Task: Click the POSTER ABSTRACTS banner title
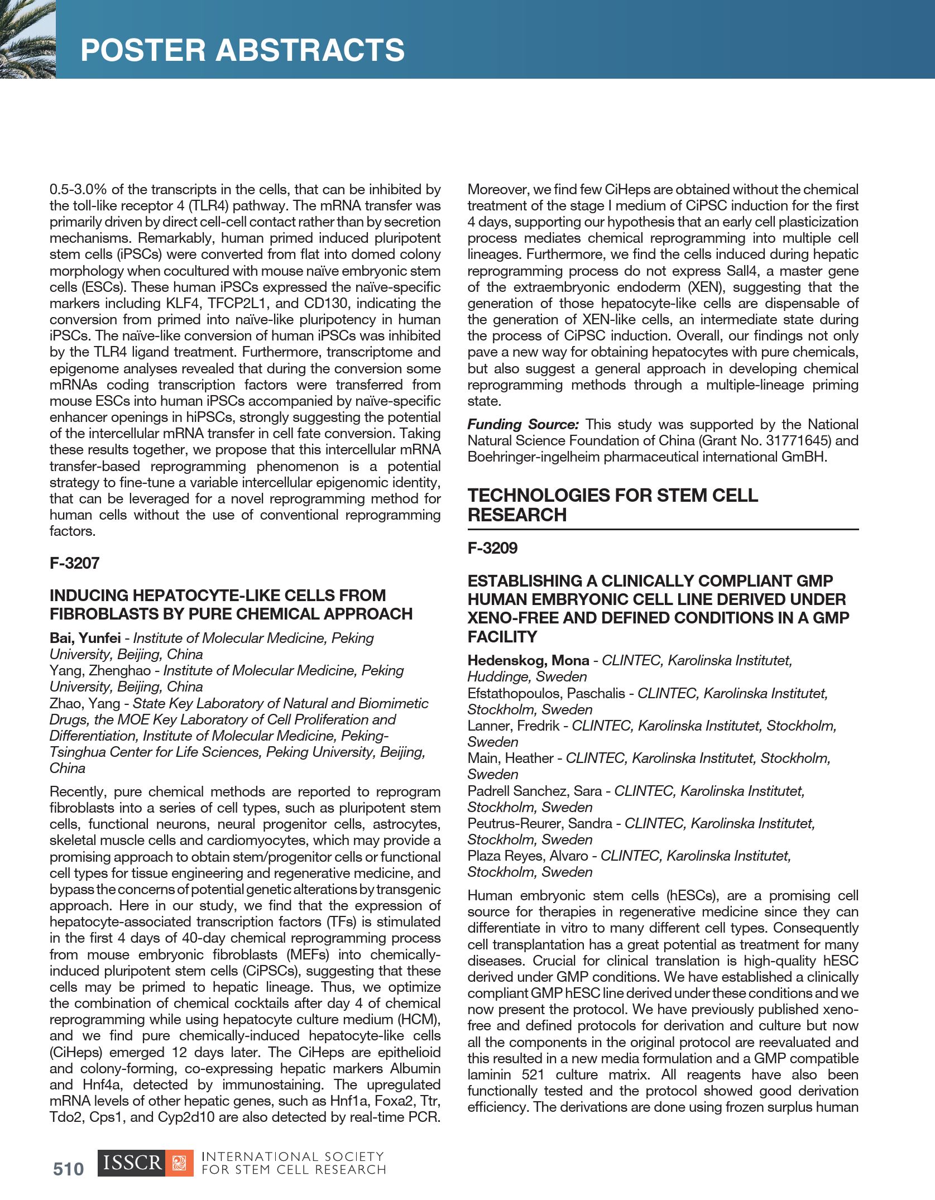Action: click(242, 50)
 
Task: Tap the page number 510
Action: click(68, 1169)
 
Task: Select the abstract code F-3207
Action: click(74, 563)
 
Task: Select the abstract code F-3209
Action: click(492, 548)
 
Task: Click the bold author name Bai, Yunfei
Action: click(85, 638)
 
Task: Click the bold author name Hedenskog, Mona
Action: click(528, 660)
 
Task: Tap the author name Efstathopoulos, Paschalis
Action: click(546, 693)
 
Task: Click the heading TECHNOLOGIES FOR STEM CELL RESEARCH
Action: click(612, 505)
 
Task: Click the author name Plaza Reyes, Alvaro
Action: click(528, 856)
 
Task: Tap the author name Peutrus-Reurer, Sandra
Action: click(540, 823)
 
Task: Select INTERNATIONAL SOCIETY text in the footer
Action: click(292, 1156)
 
